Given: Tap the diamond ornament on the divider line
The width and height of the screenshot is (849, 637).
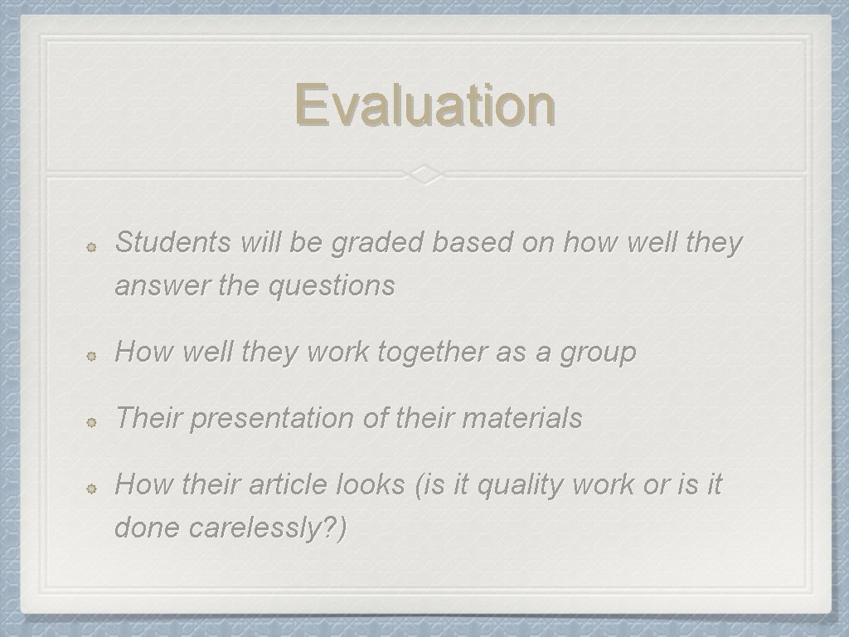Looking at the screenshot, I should pos(424,174).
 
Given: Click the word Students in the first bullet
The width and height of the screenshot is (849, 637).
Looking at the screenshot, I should pos(173,243).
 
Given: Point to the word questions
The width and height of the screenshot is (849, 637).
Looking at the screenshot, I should pos(332,286).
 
